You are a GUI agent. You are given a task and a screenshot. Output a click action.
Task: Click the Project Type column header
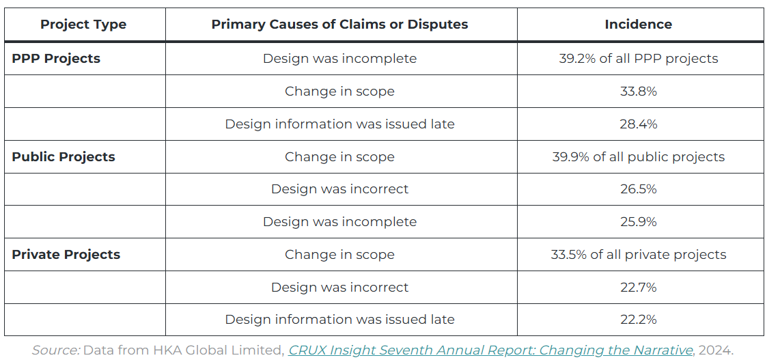tap(83, 25)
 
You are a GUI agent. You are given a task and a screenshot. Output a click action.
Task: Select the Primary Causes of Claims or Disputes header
tap(339, 25)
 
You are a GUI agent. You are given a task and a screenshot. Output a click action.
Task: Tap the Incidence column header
tap(638, 25)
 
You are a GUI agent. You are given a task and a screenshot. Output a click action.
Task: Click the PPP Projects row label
tap(56, 59)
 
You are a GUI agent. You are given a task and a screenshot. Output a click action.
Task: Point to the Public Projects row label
tap(64, 157)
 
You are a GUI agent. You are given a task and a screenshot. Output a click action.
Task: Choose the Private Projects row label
tap(66, 255)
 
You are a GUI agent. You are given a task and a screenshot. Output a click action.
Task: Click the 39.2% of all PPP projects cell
tap(638, 59)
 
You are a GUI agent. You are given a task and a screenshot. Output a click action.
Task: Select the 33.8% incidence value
tap(638, 92)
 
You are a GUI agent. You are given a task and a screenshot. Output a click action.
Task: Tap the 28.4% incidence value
tap(638, 124)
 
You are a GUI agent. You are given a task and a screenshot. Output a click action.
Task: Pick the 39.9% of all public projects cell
tap(638, 157)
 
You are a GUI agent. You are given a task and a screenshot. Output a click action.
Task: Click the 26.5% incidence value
tap(638, 189)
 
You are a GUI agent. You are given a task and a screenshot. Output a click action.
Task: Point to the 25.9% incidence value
tap(638, 222)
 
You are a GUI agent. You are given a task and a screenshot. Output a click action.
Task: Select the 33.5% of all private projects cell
tap(638, 255)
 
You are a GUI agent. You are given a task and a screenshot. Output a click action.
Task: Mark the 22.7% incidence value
tap(638, 288)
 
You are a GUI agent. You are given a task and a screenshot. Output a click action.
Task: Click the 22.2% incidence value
tap(638, 320)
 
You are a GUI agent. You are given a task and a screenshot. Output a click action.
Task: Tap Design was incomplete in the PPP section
tap(339, 59)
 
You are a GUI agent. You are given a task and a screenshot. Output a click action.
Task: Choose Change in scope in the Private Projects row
tap(339, 255)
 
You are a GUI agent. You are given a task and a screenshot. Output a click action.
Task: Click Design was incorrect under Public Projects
tap(339, 189)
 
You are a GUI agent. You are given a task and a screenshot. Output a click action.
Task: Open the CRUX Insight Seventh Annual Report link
tap(490, 350)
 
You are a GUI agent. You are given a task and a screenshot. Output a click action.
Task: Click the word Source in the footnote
tap(55, 350)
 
